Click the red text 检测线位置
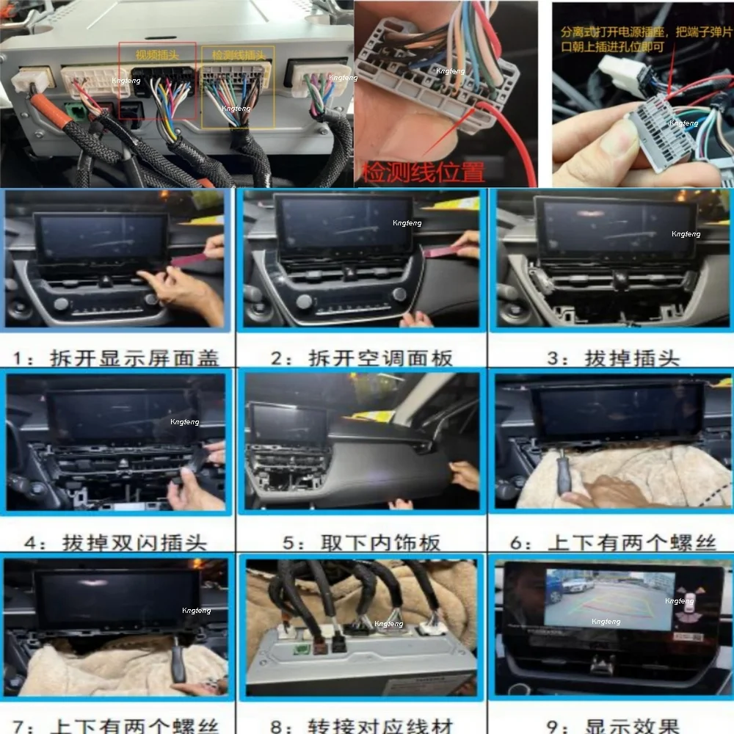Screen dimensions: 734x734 pyautogui.click(x=424, y=172)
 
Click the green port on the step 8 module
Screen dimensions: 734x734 pyautogui.click(x=302, y=647)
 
